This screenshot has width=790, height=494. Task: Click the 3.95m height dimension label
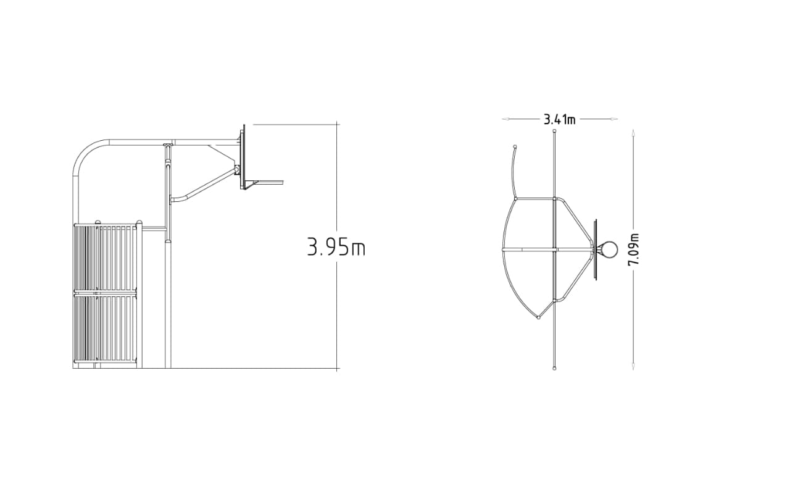pyautogui.click(x=336, y=246)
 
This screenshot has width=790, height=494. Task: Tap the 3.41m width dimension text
pyautogui.click(x=559, y=120)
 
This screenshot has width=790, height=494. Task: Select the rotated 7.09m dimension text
pyautogui.click(x=634, y=249)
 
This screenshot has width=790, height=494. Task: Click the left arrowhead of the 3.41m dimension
pyautogui.click(x=505, y=119)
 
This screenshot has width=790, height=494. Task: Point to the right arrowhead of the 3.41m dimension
pyautogui.click(x=614, y=119)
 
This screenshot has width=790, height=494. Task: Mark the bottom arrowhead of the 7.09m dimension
pyautogui.click(x=633, y=366)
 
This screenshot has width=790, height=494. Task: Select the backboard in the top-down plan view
pyautogui.click(x=596, y=249)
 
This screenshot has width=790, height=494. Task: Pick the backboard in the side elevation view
pyautogui.click(x=243, y=157)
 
